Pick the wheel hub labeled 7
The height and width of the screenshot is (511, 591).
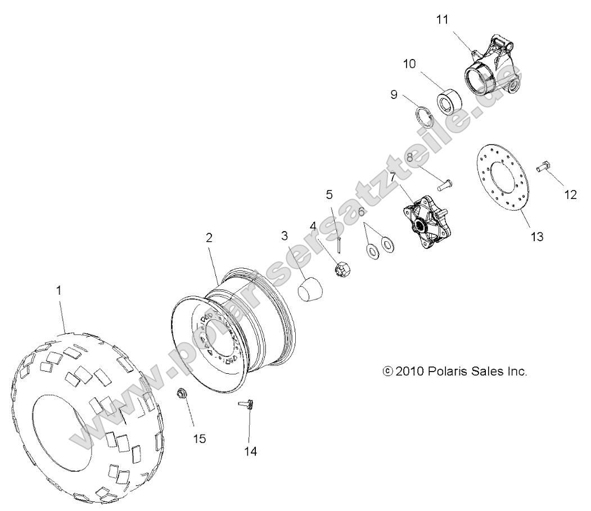(424, 223)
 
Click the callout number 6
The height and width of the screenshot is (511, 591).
(361, 211)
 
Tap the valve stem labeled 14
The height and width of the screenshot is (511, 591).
(248, 405)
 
